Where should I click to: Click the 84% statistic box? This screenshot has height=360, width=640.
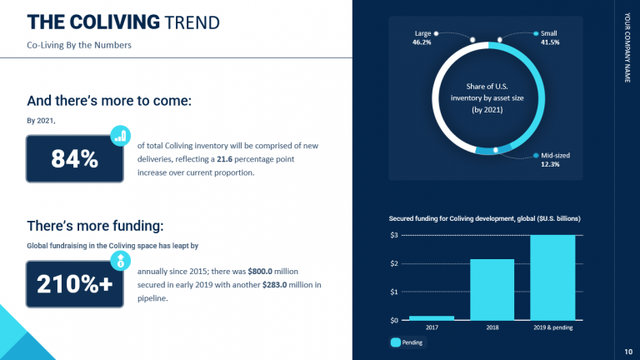click(x=75, y=159)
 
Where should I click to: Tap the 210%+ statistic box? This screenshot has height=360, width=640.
click(x=75, y=284)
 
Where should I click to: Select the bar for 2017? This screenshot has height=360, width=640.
click(x=432, y=317)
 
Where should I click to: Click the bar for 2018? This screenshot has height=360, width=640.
click(x=492, y=289)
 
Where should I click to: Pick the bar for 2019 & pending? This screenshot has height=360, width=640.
click(x=552, y=277)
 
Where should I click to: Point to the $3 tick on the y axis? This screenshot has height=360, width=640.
click(x=394, y=235)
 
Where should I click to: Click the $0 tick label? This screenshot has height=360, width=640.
click(x=394, y=320)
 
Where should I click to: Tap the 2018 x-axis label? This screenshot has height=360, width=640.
click(x=492, y=327)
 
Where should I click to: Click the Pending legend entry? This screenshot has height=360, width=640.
click(x=407, y=342)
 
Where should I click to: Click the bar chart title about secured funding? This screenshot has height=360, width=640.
click(x=484, y=218)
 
